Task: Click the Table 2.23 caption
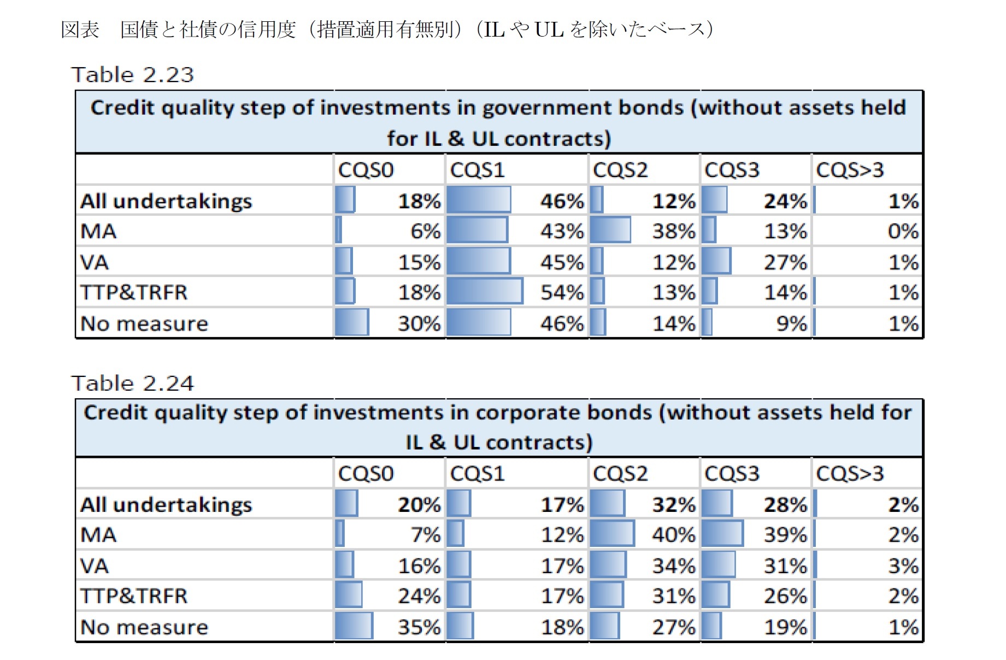132,75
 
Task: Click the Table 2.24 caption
132,384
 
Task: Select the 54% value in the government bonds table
562,292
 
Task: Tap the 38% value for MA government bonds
674,231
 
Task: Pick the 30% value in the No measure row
419,323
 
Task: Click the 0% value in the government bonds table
903,231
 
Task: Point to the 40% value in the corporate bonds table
674,534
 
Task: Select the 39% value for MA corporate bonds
785,534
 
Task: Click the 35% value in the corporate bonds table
419,627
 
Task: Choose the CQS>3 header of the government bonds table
850,170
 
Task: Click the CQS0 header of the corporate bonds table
366,473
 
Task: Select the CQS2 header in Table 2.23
620,170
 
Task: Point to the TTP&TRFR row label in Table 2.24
134,596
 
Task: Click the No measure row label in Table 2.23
144,323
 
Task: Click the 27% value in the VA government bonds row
785,262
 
